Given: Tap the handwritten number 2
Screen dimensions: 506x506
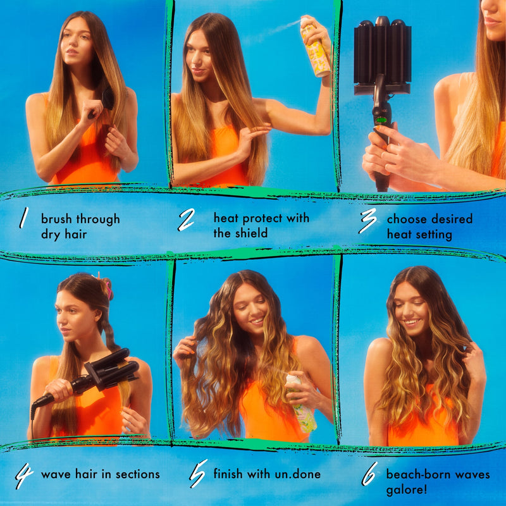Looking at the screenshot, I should pos(186,219).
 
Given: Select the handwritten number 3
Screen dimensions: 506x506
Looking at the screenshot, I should pos(368,222).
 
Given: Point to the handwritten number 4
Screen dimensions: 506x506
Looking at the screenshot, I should pos(23,476).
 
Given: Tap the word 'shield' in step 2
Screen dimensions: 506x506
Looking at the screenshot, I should pos(251,233).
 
